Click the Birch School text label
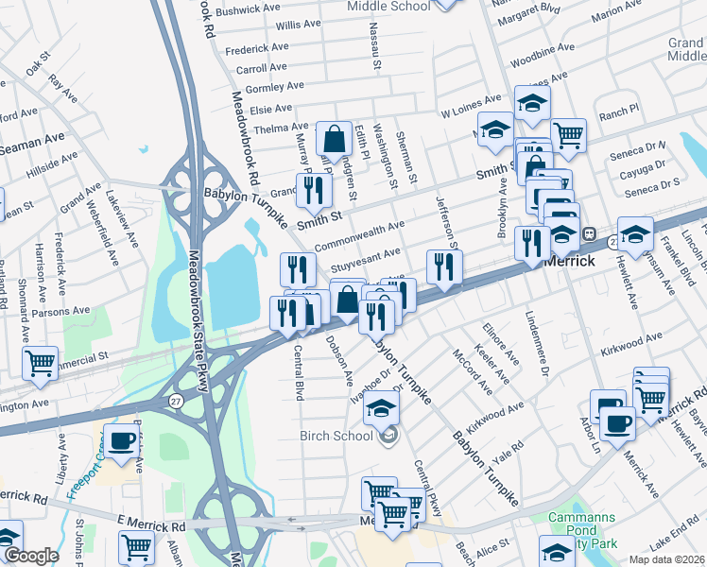336,436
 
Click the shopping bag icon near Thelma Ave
334,139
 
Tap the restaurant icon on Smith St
314,191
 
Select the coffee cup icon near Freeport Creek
121,441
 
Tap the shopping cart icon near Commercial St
40,362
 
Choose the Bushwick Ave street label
248,9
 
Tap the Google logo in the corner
32,556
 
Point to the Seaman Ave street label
32,143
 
